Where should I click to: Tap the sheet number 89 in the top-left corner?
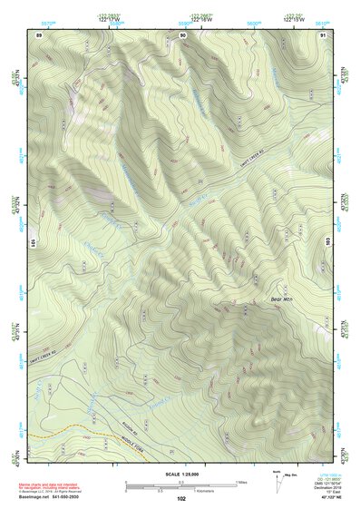(39, 34)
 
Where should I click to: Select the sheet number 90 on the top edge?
(182, 34)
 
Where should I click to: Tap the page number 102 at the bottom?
(181, 498)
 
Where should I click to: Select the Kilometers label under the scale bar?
(210, 493)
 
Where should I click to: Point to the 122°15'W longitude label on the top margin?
(292, 21)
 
